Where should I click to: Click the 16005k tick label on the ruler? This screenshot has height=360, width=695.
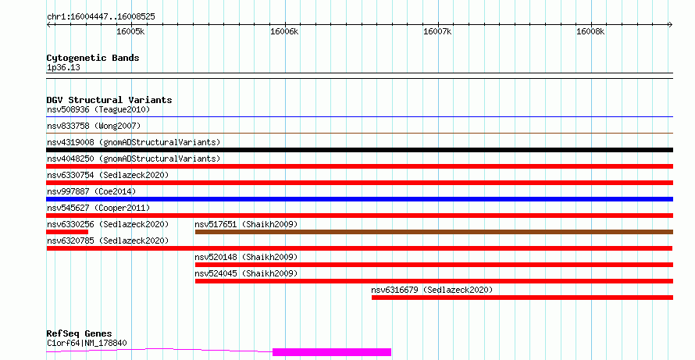(x=130, y=31)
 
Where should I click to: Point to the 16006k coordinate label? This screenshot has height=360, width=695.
(x=284, y=31)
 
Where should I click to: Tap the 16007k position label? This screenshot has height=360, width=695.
(x=437, y=31)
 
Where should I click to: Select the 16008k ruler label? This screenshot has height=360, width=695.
(x=590, y=31)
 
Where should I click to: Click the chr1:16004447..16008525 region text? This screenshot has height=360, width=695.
(x=101, y=17)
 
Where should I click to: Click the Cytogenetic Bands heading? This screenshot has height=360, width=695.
(x=93, y=58)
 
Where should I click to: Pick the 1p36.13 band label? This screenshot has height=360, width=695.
(x=63, y=67)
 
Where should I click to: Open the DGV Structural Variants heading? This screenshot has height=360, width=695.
(x=109, y=100)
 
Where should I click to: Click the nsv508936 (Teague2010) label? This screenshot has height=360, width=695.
(x=98, y=109)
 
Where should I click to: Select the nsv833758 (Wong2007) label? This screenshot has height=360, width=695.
(x=94, y=126)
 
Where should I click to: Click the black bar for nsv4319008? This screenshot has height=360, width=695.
(x=359, y=150)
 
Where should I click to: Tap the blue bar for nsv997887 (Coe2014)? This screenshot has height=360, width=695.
(x=359, y=199)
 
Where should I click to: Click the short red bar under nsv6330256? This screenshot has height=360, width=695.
(x=67, y=232)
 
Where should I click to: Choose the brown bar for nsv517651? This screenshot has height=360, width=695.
(x=434, y=232)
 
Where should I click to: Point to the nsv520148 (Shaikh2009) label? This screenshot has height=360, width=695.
(x=246, y=257)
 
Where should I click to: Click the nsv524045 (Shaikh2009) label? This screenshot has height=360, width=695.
(x=246, y=273)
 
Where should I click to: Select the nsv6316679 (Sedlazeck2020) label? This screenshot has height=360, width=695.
(x=432, y=290)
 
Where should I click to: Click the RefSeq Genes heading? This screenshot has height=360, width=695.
(x=79, y=333)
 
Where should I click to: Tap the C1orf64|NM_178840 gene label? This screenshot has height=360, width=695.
(x=87, y=343)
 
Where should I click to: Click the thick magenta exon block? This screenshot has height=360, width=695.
(x=332, y=352)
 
